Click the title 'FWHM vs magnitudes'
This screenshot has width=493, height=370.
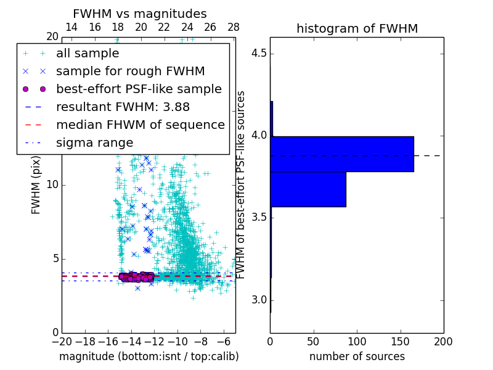click(140, 14)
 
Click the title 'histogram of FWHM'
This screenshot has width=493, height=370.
click(357, 28)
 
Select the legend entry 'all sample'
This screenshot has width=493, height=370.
click(88, 54)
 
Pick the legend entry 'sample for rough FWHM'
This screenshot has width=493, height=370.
click(130, 72)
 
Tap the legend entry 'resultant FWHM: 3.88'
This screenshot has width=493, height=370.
click(123, 107)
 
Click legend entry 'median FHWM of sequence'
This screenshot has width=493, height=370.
click(140, 125)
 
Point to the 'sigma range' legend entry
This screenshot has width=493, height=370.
click(94, 142)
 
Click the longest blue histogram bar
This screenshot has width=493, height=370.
click(342, 154)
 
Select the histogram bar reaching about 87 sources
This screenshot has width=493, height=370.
click(308, 189)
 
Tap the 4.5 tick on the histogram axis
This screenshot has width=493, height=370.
click(259, 54)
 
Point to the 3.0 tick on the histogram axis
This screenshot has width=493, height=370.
click(259, 300)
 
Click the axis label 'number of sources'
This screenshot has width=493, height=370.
click(357, 356)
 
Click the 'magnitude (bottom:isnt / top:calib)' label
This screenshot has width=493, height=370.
click(149, 356)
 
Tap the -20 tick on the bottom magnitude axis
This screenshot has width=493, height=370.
click(62, 341)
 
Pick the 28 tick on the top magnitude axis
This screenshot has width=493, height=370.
click(234, 28)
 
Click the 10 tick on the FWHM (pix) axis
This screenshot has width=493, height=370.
click(53, 185)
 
